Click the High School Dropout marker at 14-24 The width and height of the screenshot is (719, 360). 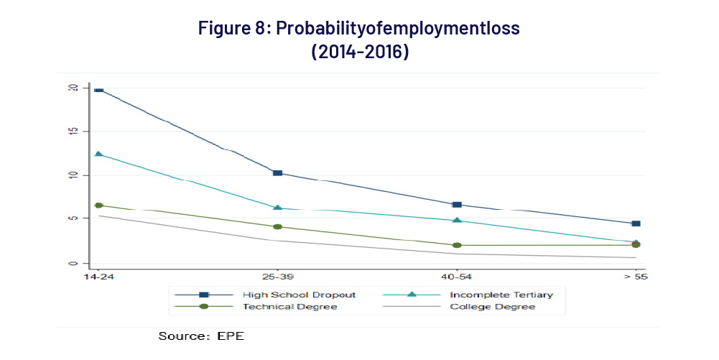(98, 90)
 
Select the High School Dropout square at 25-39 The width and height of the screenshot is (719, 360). (277, 173)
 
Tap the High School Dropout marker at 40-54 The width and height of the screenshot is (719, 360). (457, 205)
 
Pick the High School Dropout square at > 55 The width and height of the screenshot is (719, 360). (636, 223)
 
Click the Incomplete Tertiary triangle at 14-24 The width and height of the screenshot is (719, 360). (98, 154)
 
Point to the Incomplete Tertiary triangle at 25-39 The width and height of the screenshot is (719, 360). (277, 208)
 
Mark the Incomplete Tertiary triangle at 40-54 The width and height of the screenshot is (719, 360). (457, 221)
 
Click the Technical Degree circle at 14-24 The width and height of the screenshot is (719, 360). (98, 206)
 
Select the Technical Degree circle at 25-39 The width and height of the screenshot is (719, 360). (277, 227)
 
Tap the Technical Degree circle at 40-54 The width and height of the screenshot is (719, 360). (457, 245)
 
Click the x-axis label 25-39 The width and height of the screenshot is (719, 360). (277, 277)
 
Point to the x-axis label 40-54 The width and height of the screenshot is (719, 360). (457, 277)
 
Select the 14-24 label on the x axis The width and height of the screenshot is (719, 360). (98, 277)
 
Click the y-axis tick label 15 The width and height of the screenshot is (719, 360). (73, 131)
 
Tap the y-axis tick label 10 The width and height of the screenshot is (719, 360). (73, 175)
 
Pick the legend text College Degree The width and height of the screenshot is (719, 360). (492, 307)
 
